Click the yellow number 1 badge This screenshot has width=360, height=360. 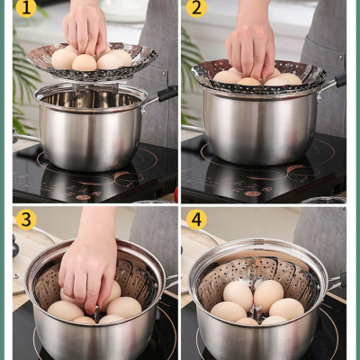26,9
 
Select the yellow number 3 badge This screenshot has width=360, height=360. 26,220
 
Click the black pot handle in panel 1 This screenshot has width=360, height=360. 165,93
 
